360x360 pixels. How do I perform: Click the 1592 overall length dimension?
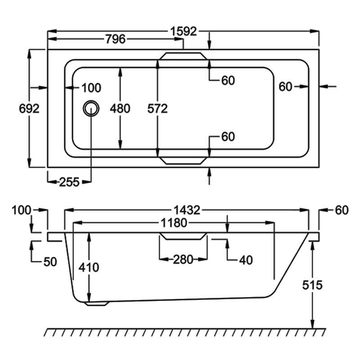click(x=184, y=31)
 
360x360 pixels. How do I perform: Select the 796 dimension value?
click(x=116, y=39)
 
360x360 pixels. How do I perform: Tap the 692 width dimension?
click(x=29, y=108)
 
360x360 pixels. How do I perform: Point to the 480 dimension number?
click(x=120, y=108)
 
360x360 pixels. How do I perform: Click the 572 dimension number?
click(x=157, y=108)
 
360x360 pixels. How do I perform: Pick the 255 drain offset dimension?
click(x=69, y=182)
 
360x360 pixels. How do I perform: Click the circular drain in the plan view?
click(x=91, y=108)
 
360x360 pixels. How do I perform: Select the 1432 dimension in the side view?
click(x=187, y=210)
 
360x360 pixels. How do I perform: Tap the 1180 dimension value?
click(x=174, y=223)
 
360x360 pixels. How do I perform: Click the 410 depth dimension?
click(x=89, y=267)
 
